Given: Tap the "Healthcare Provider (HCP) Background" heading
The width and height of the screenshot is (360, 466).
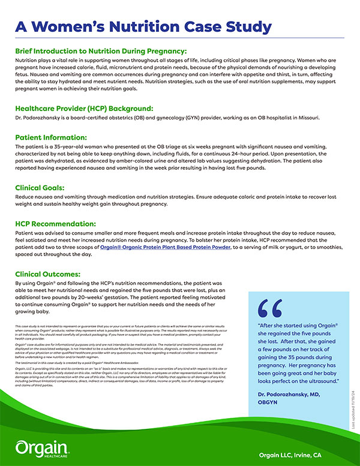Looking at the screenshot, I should coord(85,109).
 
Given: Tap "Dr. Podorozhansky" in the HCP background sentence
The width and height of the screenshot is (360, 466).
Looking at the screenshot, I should coord(38,118).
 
